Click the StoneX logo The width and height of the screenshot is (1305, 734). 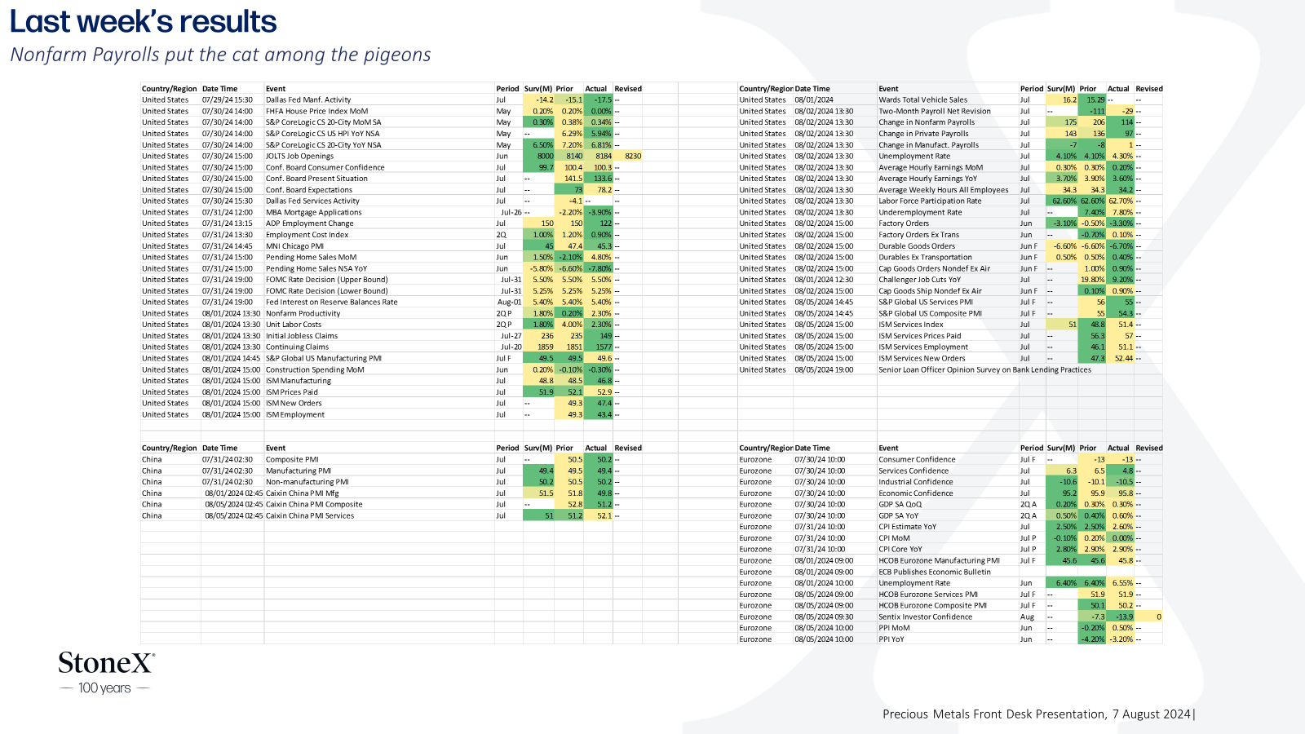pos(107,663)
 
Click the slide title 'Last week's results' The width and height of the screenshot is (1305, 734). pos(144,21)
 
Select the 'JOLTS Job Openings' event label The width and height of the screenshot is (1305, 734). pos(299,156)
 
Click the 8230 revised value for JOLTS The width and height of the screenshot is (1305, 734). pos(633,156)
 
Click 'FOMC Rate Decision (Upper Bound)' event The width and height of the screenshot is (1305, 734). pos(327,280)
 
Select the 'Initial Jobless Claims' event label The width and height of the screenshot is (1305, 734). pos(302,335)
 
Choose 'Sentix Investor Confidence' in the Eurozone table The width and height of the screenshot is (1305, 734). pos(925,617)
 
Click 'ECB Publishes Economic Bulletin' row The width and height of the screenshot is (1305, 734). pos(935,572)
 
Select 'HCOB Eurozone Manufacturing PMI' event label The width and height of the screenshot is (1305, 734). pos(939,560)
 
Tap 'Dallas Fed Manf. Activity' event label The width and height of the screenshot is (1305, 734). pos(308,100)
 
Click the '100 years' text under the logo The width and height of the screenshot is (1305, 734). pos(105,688)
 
